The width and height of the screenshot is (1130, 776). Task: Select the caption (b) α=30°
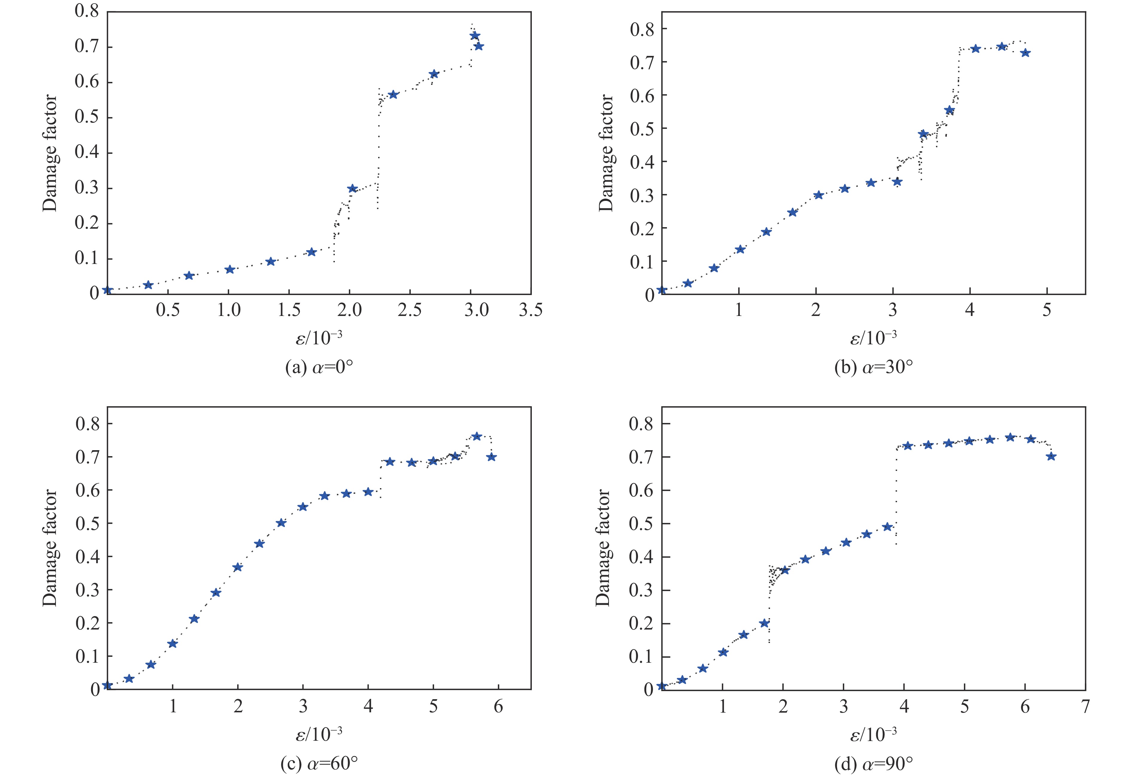tap(873, 368)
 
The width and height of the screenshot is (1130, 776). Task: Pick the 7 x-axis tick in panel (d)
tap(1085, 706)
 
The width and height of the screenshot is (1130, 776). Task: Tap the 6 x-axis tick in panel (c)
tap(498, 706)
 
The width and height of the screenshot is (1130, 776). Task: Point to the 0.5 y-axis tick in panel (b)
tap(642, 128)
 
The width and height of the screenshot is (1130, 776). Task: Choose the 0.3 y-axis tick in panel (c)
tap(88, 590)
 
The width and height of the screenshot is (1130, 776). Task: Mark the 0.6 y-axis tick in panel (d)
tap(641, 490)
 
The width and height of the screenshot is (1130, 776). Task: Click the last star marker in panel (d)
tap(1051, 456)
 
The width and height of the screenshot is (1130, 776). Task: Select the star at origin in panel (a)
tap(107, 290)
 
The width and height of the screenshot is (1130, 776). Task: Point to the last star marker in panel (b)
tap(1025, 53)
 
